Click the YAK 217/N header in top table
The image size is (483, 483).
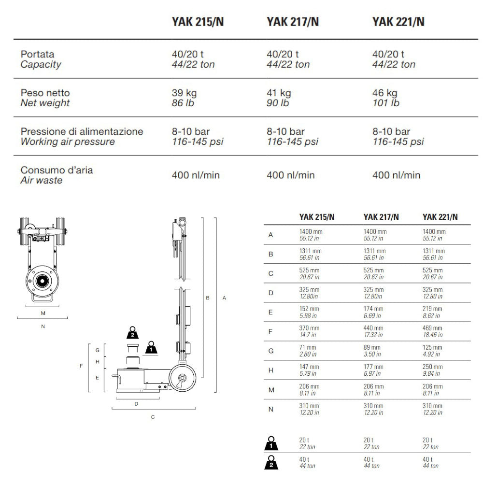point(292,22)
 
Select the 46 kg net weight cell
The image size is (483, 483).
point(384,93)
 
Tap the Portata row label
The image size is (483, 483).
point(38,54)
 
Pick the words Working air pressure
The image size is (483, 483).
point(68,142)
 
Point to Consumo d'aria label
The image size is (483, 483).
point(57,170)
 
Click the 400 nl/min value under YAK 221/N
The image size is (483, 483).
point(396,175)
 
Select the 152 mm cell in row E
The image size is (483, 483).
point(309,309)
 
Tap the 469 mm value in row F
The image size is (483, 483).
point(432,328)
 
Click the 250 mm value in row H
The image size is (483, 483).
point(432,367)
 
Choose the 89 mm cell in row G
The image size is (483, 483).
point(372,347)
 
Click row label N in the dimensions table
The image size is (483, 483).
point(270,409)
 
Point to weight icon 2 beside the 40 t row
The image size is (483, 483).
point(271,462)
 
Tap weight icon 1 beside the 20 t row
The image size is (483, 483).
point(271,443)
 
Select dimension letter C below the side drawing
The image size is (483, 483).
point(153,417)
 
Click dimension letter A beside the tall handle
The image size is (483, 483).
point(224,298)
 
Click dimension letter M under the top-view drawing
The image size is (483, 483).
point(43,313)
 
